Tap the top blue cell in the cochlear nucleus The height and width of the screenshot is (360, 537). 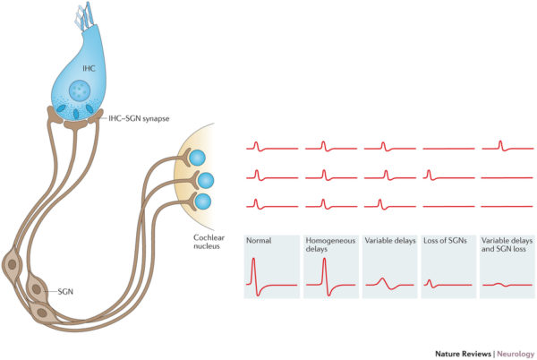coord(198,159)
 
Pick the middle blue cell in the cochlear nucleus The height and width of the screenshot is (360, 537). coord(205,179)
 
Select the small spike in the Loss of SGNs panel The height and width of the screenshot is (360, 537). coord(429,282)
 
